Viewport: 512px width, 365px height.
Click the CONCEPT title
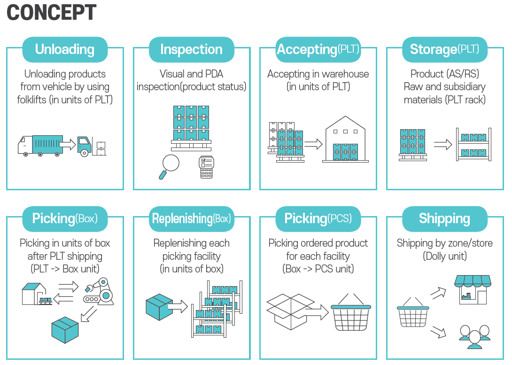(51, 12)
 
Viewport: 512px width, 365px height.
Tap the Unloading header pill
(65, 49)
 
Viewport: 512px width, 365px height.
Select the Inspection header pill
(192, 49)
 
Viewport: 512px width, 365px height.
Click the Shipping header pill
(445, 219)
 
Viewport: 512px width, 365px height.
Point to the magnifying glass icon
(169, 166)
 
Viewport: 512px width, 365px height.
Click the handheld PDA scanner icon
(206, 167)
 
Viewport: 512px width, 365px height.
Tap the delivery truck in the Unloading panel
(40, 146)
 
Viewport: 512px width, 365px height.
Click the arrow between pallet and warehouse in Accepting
(313, 144)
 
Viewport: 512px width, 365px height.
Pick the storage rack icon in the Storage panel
(474, 144)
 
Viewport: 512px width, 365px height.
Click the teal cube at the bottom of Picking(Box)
(65, 330)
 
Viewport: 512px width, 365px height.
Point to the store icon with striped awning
(473, 289)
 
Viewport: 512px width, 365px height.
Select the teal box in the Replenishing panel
(159, 307)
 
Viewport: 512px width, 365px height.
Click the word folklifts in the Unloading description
(31, 100)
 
